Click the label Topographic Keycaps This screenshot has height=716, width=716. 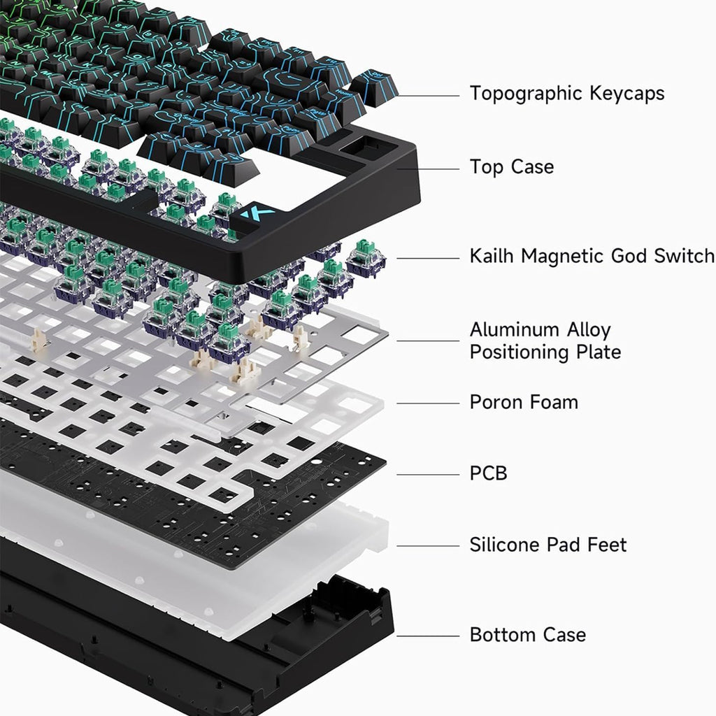567,94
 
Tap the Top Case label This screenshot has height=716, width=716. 512,166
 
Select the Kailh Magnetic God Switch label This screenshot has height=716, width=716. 592,256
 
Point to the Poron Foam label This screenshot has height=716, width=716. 524,402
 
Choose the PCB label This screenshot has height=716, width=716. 489,473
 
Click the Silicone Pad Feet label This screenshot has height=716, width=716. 548,545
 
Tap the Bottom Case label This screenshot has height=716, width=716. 528,635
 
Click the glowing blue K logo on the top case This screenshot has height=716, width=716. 258,214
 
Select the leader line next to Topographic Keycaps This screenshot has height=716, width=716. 428,96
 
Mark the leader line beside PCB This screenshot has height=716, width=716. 428,475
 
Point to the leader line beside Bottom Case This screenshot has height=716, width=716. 428,636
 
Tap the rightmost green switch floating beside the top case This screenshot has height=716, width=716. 366,259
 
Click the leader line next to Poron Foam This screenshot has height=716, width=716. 428,403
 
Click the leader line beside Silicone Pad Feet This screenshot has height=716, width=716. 428,546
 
